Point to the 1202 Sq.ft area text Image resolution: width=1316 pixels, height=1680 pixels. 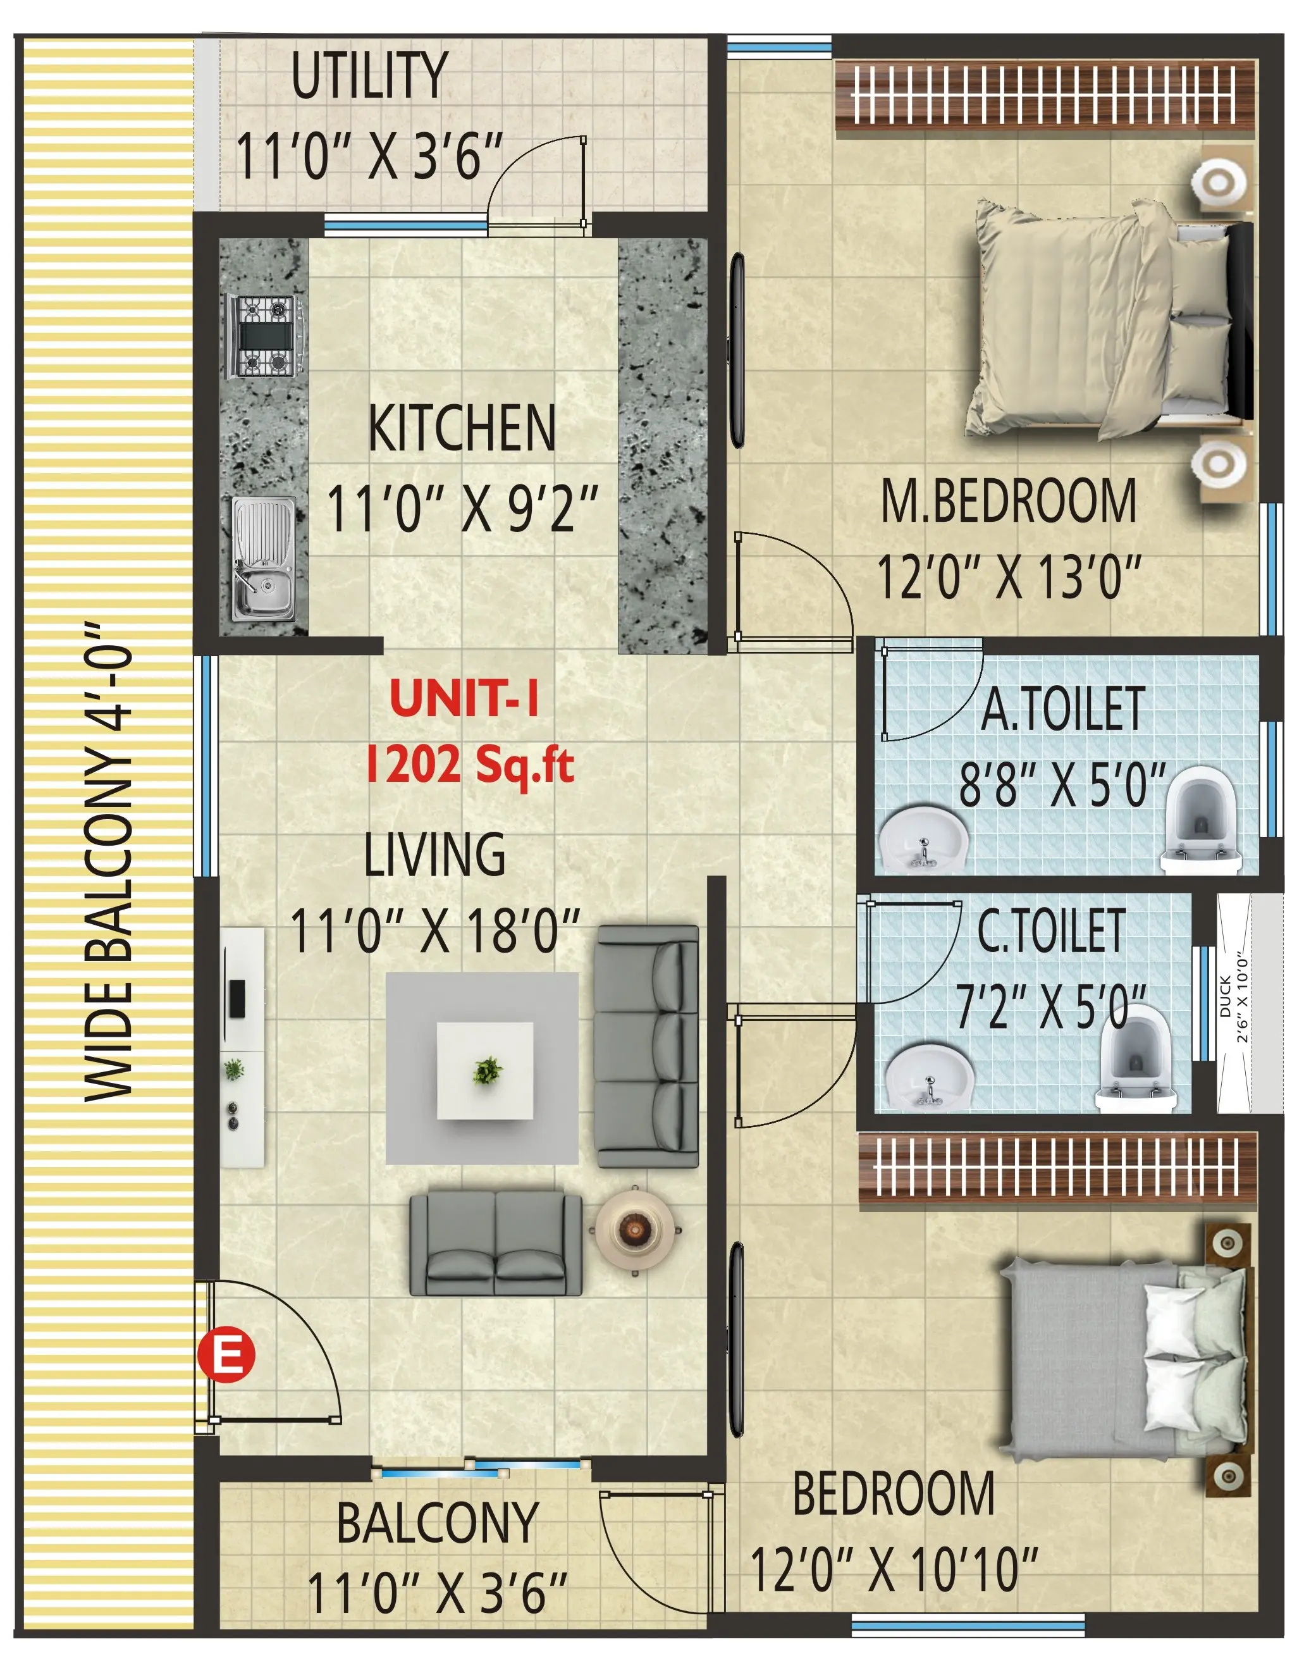pyautogui.click(x=470, y=765)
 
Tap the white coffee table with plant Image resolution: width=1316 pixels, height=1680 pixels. pyautogui.click(x=486, y=1072)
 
